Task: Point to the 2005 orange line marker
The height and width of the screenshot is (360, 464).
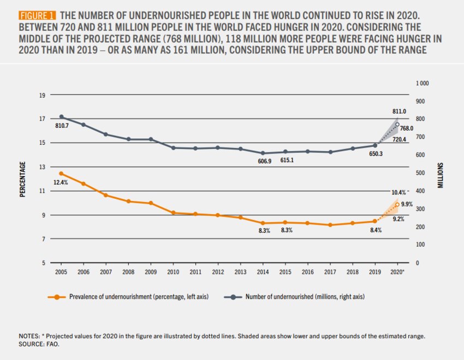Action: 61,173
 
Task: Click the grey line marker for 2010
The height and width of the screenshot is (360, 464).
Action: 173,147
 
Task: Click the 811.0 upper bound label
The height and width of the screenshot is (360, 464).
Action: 399,111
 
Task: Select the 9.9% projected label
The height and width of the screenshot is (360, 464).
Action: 407,204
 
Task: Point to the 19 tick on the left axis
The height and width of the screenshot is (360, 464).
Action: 41,95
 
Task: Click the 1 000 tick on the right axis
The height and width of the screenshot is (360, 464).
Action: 421,83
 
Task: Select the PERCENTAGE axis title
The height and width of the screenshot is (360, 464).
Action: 23,179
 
